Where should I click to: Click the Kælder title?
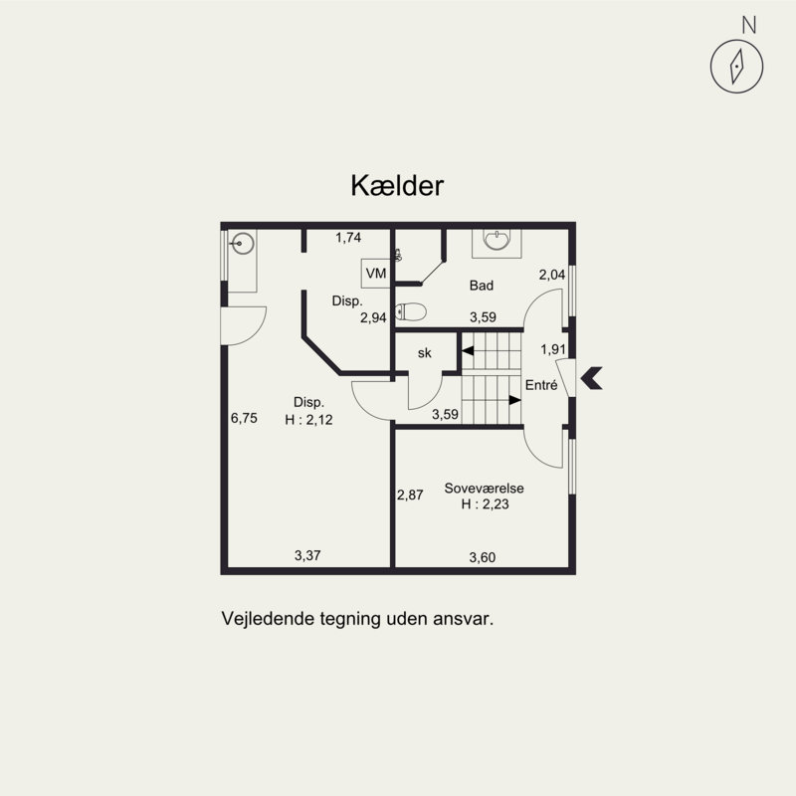(x=397, y=186)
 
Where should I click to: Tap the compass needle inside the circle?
(x=736, y=67)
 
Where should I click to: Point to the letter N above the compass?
(x=749, y=25)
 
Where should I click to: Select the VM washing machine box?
(x=376, y=273)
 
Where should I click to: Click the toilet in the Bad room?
(x=410, y=311)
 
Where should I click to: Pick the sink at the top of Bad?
(x=497, y=241)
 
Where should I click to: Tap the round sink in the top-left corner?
(x=243, y=244)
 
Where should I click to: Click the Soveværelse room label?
(x=484, y=488)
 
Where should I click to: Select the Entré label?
(x=541, y=385)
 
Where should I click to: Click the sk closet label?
(x=425, y=353)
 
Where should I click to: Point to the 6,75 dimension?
(x=244, y=418)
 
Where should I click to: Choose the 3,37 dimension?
(x=307, y=555)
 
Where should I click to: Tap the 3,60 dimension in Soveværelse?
(x=483, y=557)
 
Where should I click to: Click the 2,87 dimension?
(x=410, y=495)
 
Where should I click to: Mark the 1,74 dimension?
(x=348, y=238)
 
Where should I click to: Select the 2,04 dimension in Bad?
(x=552, y=275)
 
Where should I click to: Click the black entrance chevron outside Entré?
(x=590, y=378)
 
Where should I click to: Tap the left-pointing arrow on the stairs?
(x=467, y=350)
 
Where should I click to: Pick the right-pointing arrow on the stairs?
(x=515, y=400)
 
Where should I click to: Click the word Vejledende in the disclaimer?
(x=268, y=619)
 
